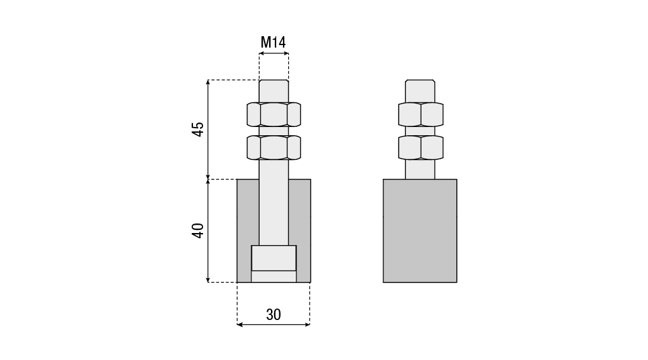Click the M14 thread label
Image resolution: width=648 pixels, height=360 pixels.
(x=273, y=42)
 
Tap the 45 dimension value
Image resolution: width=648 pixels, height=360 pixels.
(x=199, y=130)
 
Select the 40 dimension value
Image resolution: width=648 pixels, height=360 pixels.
(x=199, y=230)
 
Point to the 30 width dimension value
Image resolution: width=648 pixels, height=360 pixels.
(x=274, y=314)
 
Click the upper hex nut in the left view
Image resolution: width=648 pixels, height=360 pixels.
(x=274, y=114)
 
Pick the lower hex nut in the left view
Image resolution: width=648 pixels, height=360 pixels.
(x=274, y=147)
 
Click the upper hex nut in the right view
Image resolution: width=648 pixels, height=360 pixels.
(x=421, y=114)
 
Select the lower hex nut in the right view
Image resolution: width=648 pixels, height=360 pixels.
(x=421, y=147)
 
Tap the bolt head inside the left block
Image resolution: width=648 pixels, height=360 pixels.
(x=274, y=258)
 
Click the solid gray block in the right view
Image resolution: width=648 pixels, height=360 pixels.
(x=420, y=230)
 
